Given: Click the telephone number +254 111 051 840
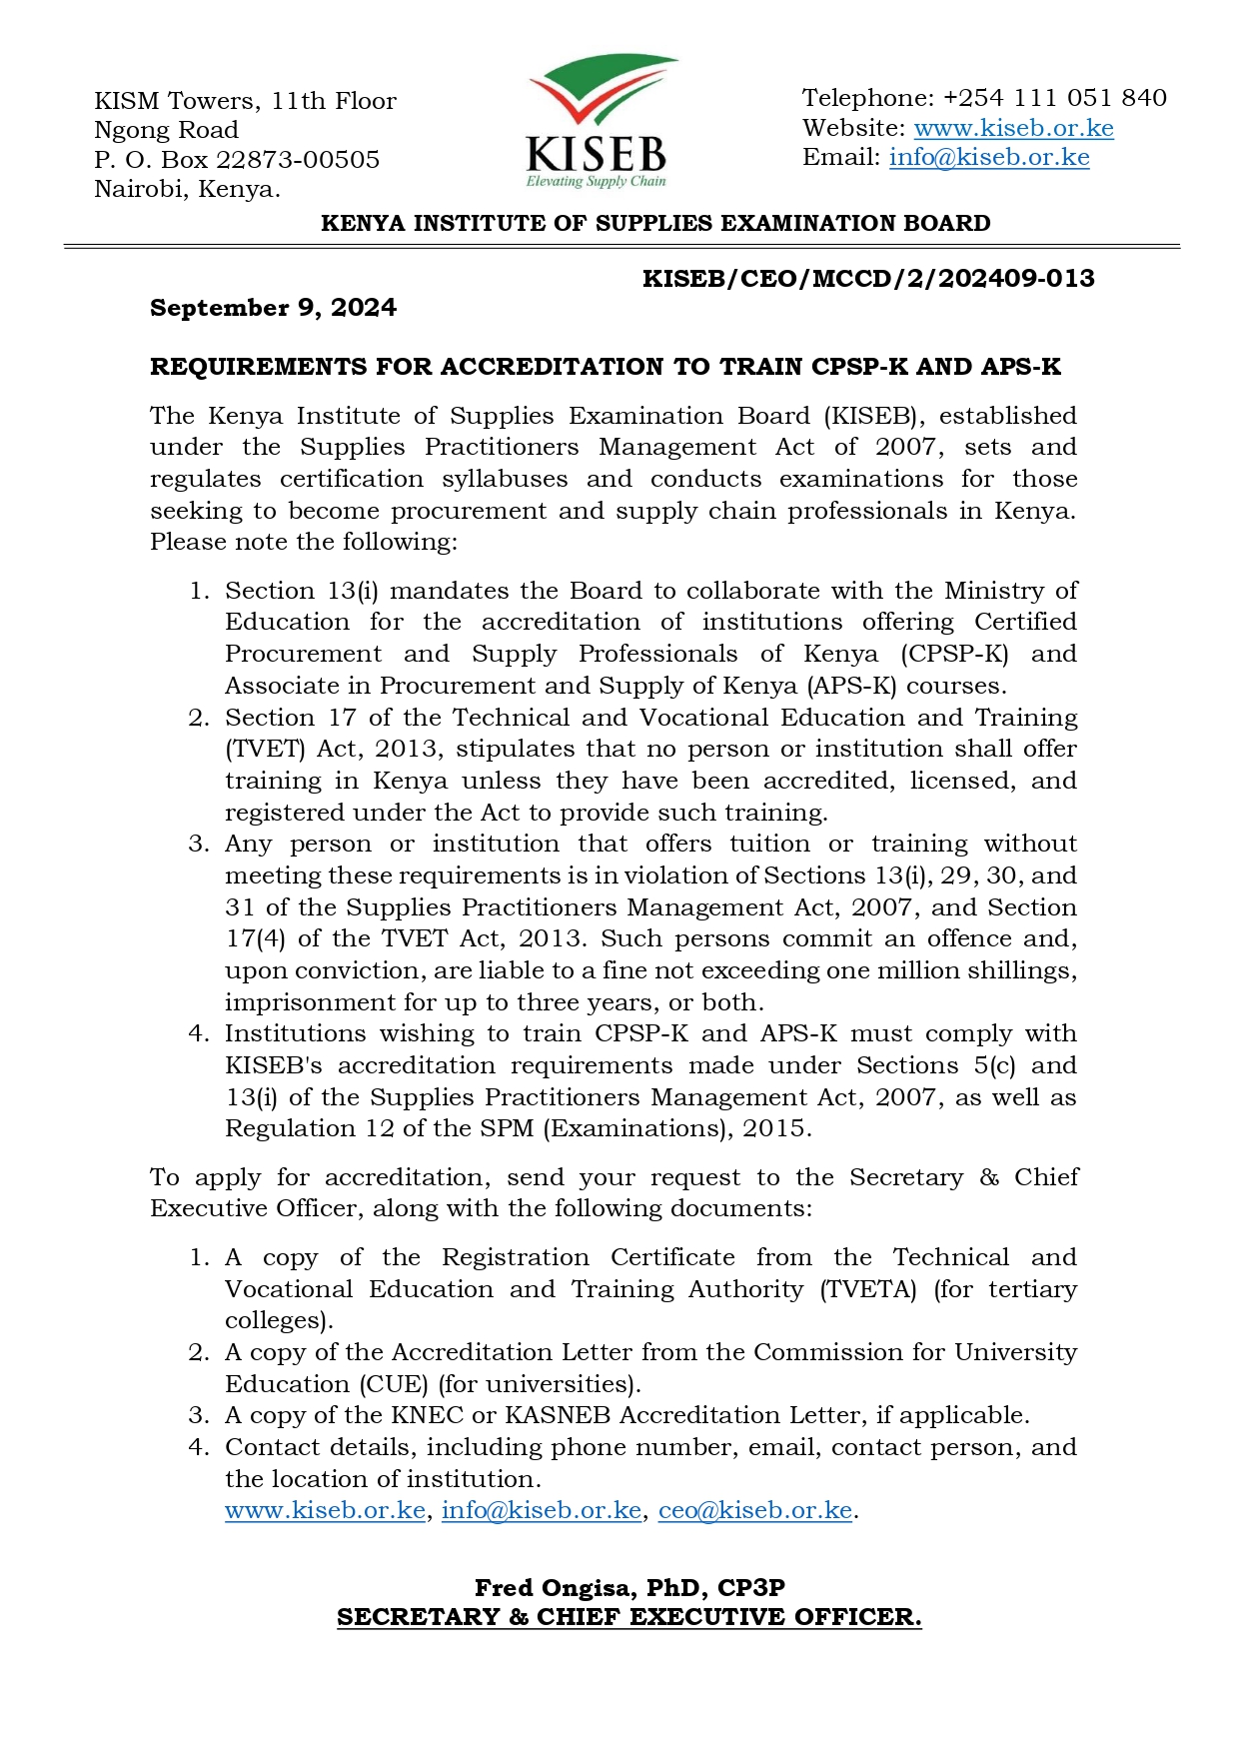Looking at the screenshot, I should click(x=1054, y=98).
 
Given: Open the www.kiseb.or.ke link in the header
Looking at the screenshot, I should click(x=1013, y=128).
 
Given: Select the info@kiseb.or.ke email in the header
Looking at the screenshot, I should click(x=989, y=158).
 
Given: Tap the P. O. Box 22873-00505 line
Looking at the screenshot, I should click(x=237, y=160).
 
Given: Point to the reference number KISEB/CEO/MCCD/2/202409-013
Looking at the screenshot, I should click(x=868, y=278).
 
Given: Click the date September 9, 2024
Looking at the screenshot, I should click(x=273, y=308).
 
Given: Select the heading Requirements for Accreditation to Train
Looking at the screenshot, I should click(x=605, y=367).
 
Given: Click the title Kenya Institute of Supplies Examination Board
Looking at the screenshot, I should click(x=655, y=223).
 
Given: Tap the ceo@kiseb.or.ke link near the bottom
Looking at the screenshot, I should click(x=755, y=1510).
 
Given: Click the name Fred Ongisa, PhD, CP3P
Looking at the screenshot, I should click(x=629, y=1588).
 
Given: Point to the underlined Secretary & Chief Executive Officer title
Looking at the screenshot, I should click(x=629, y=1617).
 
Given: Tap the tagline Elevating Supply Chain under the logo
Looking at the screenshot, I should click(x=596, y=182).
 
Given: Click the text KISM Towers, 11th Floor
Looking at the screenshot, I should click(x=245, y=101).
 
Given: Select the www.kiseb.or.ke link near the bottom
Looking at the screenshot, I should click(x=325, y=1510).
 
